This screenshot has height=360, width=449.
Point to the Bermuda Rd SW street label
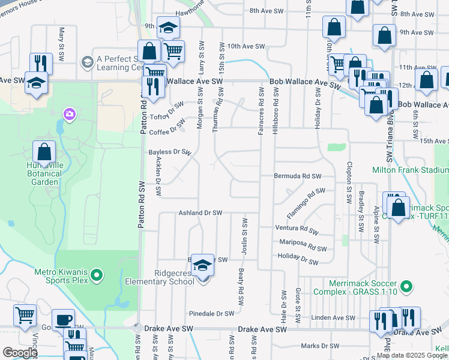click(297, 176)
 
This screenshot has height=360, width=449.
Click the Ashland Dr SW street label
click(200, 213)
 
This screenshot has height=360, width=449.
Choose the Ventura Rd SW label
click(296, 228)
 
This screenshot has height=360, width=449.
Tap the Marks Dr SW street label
click(320, 346)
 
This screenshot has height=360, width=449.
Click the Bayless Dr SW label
click(169, 152)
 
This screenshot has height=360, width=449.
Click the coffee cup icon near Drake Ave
click(63, 320)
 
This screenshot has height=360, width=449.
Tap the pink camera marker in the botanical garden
click(70, 113)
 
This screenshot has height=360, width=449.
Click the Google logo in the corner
click(20, 353)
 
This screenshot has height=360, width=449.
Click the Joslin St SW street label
click(245, 232)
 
